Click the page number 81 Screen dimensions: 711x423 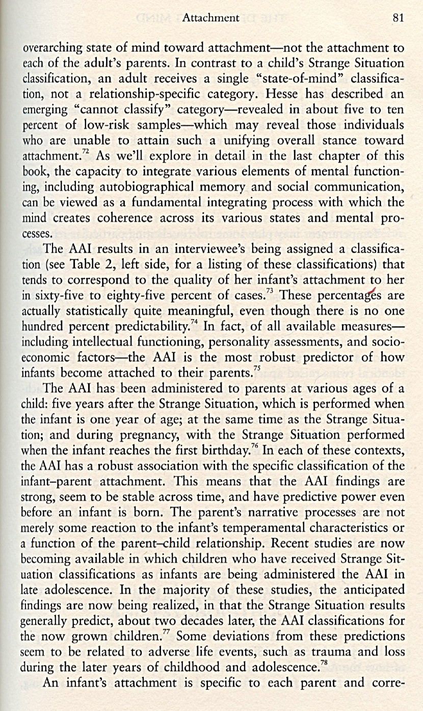pos(398,18)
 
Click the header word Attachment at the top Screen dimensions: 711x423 pos(210,18)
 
